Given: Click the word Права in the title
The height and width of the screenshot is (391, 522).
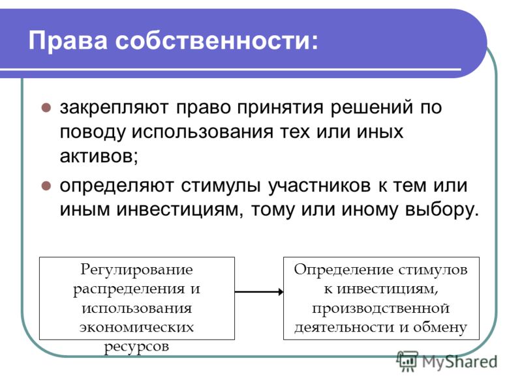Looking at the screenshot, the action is point(68,40).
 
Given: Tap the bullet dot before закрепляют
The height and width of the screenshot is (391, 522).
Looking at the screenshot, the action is point(46,108).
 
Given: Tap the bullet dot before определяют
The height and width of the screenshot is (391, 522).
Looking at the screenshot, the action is point(46,186).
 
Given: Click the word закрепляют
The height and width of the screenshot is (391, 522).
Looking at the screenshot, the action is point(114,108).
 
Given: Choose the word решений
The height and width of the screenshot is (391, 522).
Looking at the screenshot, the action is point(371,108).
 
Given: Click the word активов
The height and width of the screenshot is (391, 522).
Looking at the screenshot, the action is point(99,155).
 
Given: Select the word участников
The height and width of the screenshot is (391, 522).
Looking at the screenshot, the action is point(320,186).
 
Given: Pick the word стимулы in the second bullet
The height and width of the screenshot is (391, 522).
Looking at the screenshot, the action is point(221,186).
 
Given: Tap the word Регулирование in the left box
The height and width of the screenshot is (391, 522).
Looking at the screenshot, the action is point(136,270).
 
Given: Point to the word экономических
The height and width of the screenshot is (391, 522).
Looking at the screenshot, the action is point(136,327).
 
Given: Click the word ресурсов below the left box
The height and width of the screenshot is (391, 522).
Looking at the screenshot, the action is point(136,347).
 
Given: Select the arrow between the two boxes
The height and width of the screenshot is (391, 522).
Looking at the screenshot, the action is point(259,292).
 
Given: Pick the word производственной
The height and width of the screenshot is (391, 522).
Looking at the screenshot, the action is point(381,309).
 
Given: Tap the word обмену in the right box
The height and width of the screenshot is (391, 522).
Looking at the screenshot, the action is point(440,327).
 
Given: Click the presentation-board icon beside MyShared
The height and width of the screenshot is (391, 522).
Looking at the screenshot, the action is point(407,362).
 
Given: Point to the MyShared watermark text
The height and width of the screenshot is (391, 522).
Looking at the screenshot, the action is point(459,362).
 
